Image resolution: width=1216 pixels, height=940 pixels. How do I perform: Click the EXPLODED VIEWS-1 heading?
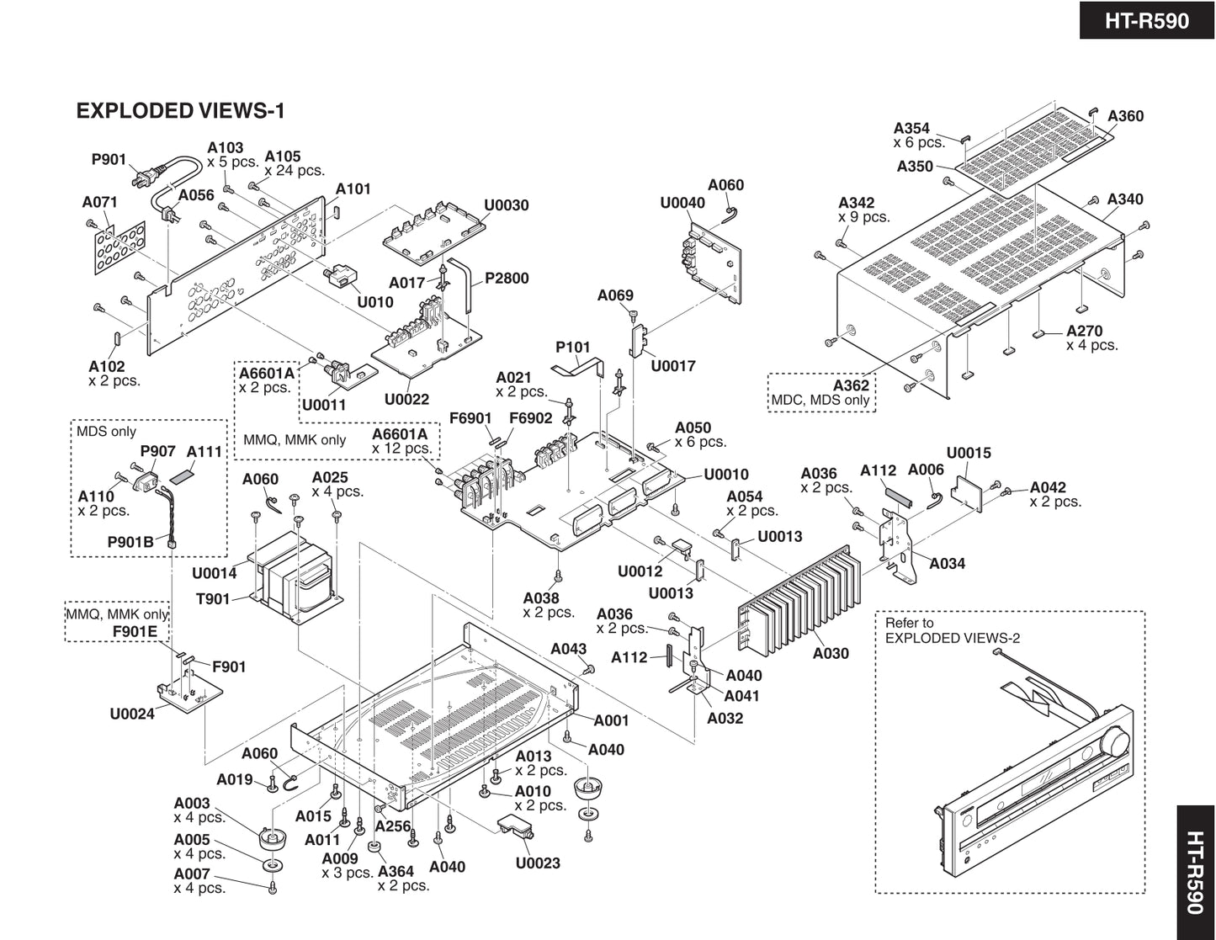181,111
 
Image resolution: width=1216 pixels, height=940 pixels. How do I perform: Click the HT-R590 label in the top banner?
1146,20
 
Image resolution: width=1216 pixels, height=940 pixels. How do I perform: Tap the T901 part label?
213,599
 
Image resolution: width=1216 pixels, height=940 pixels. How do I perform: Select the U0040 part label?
682,203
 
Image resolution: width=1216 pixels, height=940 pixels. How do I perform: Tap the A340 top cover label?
1125,199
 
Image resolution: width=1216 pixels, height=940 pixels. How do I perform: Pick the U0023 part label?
538,863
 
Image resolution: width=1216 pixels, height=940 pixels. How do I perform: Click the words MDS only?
106,432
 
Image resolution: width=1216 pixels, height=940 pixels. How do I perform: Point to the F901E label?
135,631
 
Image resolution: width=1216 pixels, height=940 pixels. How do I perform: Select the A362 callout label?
851,385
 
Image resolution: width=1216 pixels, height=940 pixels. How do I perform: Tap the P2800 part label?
507,279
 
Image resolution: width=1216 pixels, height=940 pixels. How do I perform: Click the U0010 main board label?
725,475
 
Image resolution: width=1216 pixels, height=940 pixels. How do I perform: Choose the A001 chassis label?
611,720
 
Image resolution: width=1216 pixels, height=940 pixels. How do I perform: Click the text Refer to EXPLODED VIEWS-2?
952,630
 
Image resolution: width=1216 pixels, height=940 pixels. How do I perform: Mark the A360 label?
1125,116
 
